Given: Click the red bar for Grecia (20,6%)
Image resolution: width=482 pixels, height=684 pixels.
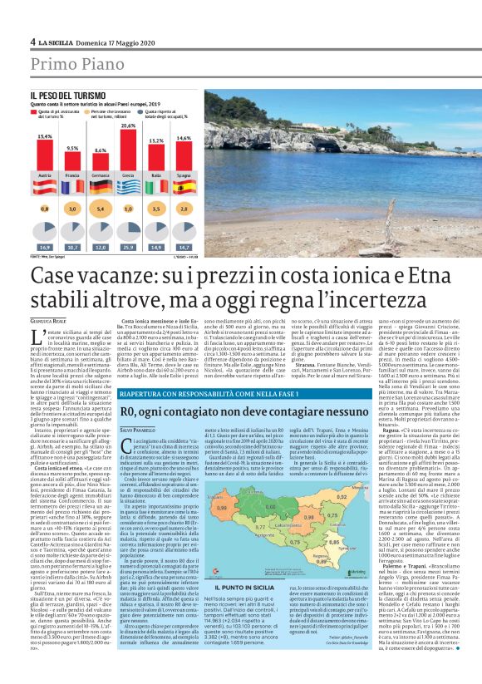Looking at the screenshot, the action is coord(129,152).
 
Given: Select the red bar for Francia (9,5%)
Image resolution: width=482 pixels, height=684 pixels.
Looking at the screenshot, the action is coord(72,163).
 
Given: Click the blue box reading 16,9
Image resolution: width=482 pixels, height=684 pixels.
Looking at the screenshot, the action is coord(45,248).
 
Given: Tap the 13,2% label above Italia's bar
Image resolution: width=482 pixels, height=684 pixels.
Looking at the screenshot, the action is coord(156,140).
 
